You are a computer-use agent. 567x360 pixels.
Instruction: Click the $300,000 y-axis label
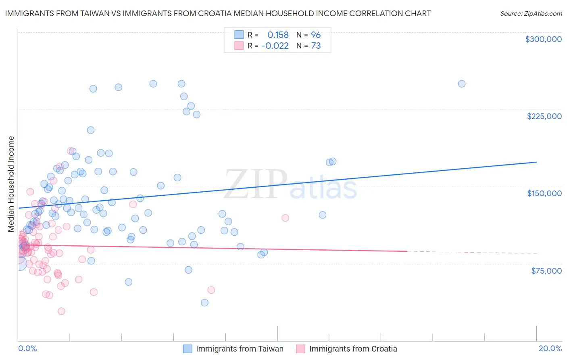pyautogui.click(x=543, y=39)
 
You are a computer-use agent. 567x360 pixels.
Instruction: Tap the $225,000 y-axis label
pyautogui.click(x=544, y=116)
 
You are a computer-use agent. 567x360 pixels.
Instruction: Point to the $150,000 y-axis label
pyautogui.click(x=544, y=193)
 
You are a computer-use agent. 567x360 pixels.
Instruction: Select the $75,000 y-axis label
pyautogui.click(x=546, y=271)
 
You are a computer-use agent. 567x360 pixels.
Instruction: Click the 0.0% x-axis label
pyautogui.click(x=27, y=348)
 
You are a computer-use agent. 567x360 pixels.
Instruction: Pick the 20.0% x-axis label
pyautogui.click(x=550, y=348)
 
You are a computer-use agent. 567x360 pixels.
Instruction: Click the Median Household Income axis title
pyautogui.click(x=11, y=184)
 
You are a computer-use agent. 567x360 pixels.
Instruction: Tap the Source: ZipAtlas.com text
pyautogui.click(x=531, y=14)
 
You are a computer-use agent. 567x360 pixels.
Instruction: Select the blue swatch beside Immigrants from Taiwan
pyautogui.click(x=188, y=349)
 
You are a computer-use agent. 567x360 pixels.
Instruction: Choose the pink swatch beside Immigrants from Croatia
pyautogui.click(x=300, y=349)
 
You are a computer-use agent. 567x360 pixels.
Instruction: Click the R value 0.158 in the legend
pyautogui.click(x=278, y=35)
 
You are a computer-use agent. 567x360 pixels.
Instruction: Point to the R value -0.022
pyautogui.click(x=275, y=46)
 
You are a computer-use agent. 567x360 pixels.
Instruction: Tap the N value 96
pyautogui.click(x=316, y=35)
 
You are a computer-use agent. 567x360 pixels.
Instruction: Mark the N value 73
pyautogui.click(x=316, y=46)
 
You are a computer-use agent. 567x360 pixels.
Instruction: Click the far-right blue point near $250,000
pyautogui.click(x=462, y=84)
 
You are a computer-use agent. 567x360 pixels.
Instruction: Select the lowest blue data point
pyautogui.click(x=204, y=303)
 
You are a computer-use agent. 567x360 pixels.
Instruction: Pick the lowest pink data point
pyautogui.click(x=61, y=311)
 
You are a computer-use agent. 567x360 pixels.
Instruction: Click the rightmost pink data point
pyautogui.click(x=285, y=218)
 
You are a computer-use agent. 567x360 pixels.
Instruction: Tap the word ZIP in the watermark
pyautogui.click(x=256, y=184)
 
